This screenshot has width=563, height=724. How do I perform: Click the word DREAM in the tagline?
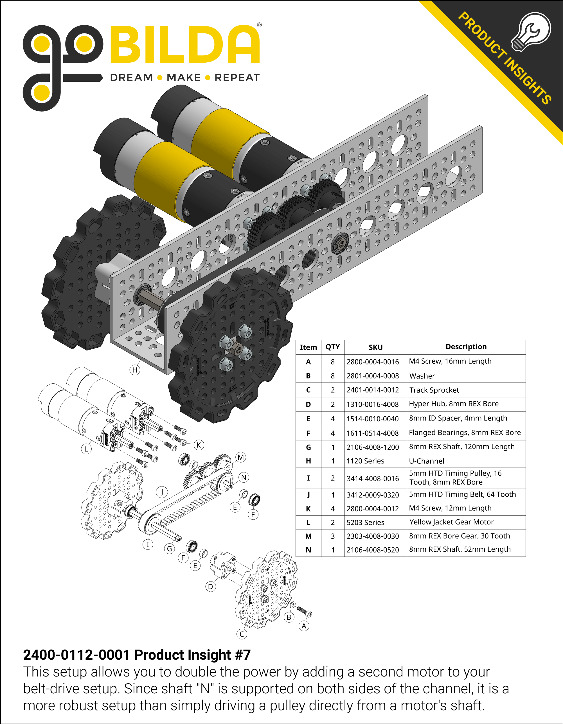pos(131,78)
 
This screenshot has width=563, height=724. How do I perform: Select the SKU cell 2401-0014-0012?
pos(373,390)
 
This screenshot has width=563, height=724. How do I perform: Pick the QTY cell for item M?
pos(332,536)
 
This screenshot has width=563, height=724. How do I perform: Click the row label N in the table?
pos(308,550)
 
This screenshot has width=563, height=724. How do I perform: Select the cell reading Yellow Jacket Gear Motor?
pos(451,522)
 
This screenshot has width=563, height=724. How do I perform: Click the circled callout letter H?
pos(135,370)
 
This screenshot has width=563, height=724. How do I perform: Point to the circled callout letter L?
pos(86,449)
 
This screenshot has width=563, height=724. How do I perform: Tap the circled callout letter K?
pos(199,445)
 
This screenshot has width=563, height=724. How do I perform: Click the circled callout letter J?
pos(162,492)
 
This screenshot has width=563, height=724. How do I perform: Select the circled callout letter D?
pos(210,587)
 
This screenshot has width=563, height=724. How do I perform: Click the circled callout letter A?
pos(304,626)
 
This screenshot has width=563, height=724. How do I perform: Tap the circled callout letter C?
pos(242,634)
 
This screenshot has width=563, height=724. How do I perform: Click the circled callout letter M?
pos(241,458)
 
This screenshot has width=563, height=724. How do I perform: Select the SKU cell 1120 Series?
pos(365,461)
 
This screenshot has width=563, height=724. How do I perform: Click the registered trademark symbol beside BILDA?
pos(260,25)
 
